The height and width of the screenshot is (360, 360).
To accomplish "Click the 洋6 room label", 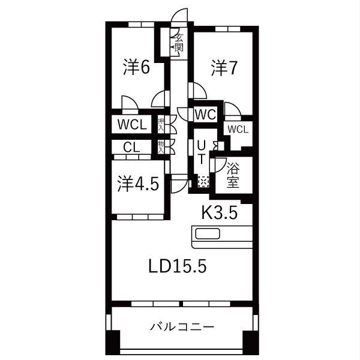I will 137,67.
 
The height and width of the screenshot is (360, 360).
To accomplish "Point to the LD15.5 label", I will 178,265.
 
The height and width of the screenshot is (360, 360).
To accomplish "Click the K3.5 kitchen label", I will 219,212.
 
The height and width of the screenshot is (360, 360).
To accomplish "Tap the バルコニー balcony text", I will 182,327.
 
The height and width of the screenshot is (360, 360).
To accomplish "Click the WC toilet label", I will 205,113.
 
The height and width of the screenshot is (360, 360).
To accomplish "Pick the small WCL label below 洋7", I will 238,129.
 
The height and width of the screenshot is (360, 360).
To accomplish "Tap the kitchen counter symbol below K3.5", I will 220,236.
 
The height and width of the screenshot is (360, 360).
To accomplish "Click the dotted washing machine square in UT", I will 203,181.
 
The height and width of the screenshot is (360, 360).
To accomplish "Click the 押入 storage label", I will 161,125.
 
